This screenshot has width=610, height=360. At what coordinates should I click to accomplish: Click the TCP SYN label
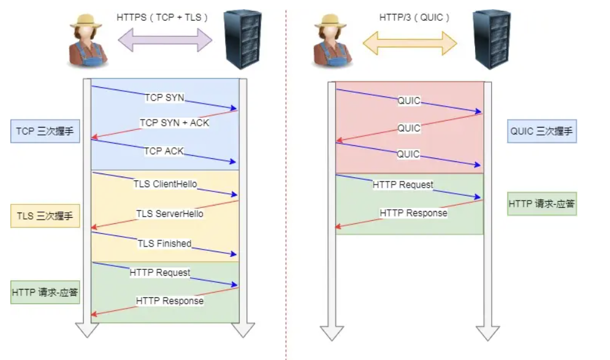pyautogui.click(x=164, y=98)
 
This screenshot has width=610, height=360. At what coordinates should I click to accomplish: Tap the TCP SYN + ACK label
pyautogui.click(x=174, y=123)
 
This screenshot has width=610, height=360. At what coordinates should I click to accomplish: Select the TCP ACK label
pyautogui.click(x=164, y=151)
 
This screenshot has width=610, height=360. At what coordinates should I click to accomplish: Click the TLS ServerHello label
pyautogui.click(x=170, y=214)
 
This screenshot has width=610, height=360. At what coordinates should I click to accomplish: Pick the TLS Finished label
pyautogui.click(x=164, y=243)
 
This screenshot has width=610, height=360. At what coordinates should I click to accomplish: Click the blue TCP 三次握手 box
pyautogui.click(x=45, y=131)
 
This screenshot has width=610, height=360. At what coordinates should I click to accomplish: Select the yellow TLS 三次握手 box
pyautogui.click(x=45, y=216)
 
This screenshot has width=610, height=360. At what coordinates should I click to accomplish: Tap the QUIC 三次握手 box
pyautogui.click(x=542, y=131)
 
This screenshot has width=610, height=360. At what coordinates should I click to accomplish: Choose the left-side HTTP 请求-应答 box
pyautogui.click(x=45, y=292)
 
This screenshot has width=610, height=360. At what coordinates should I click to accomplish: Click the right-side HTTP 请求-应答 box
pyautogui.click(x=542, y=204)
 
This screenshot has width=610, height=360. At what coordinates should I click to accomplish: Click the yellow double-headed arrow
pyautogui.click(x=410, y=42)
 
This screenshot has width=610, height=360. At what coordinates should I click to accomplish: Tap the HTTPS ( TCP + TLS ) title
pyautogui.click(x=162, y=18)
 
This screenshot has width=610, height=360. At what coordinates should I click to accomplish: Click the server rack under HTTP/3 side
pyautogui.click(x=492, y=39)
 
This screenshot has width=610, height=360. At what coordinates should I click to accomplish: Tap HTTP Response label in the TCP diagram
pyautogui.click(x=170, y=301)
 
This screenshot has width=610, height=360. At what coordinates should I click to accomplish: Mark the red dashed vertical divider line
pyautogui.click(x=286, y=184)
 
